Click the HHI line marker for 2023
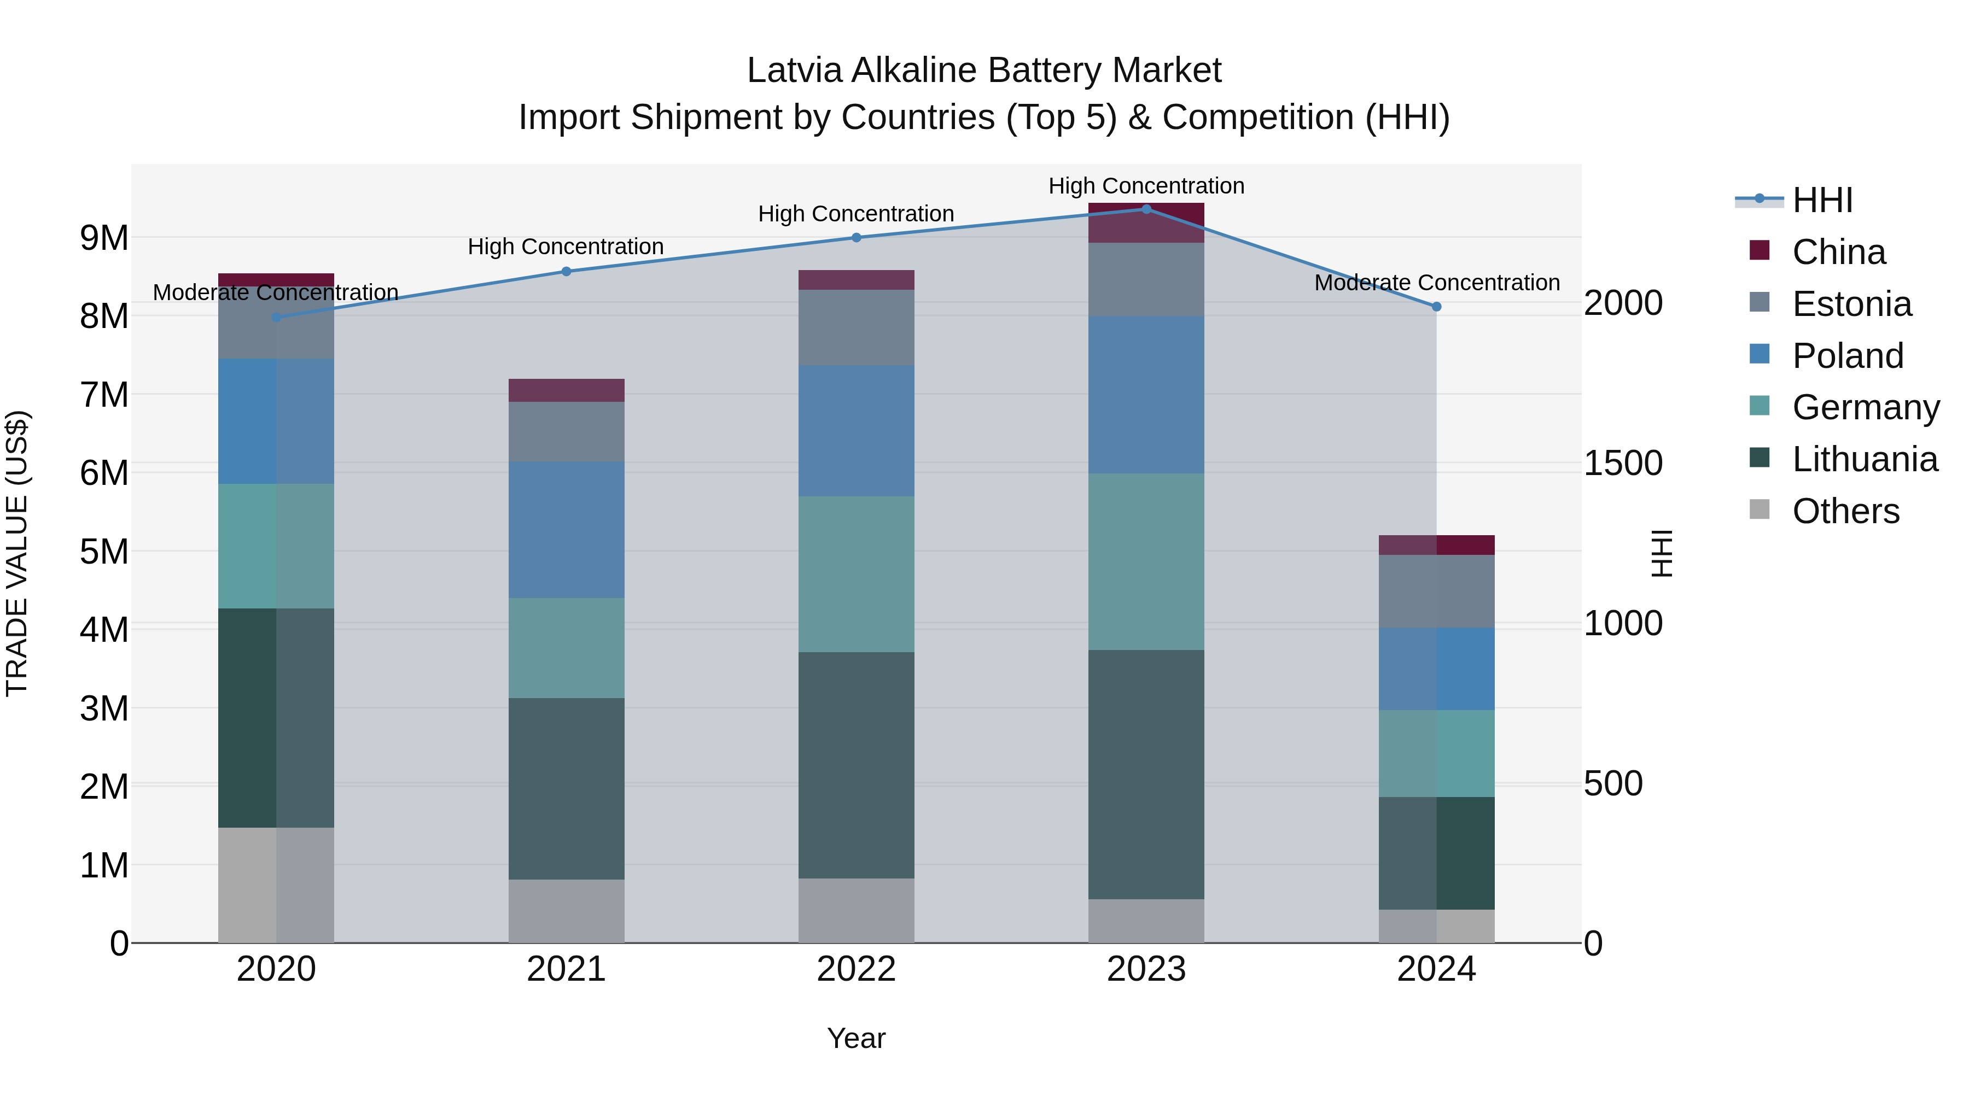(1146, 209)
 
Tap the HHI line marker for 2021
(567, 271)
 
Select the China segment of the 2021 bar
(567, 390)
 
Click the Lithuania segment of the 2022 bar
(856, 765)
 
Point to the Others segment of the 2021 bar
(567, 911)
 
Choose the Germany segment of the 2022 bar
(856, 574)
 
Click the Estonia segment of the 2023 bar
(1146, 279)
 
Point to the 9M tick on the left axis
(104, 238)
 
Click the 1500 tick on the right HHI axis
(1622, 463)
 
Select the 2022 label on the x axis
(856, 969)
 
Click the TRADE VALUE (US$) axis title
(17, 553)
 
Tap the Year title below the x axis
(856, 1038)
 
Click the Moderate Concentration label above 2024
(1436, 283)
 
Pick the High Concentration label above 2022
(856, 214)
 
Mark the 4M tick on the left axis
(104, 630)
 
